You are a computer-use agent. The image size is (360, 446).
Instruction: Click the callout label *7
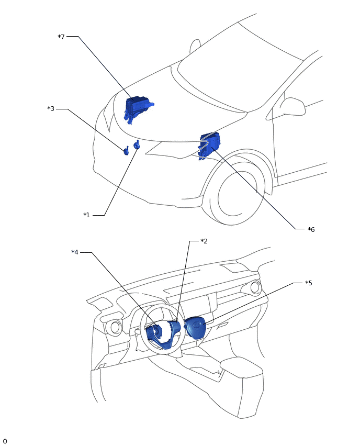pyautogui.click(x=61, y=37)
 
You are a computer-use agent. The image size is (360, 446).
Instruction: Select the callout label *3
pyautogui.click(x=51, y=109)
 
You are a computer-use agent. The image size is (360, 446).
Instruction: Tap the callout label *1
pyautogui.click(x=86, y=215)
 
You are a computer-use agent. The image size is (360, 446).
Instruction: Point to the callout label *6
pyautogui.click(x=311, y=229)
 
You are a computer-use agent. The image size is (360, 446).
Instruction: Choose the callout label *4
pyautogui.click(x=75, y=252)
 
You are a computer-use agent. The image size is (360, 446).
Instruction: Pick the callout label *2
pyautogui.click(x=204, y=241)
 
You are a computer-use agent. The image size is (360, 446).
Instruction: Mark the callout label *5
pyautogui.click(x=309, y=283)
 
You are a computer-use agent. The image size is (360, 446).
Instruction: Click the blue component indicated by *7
pyautogui.click(x=137, y=108)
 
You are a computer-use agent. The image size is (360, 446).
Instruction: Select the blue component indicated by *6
pyautogui.click(x=209, y=144)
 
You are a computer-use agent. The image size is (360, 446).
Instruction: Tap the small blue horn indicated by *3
pyautogui.click(x=126, y=151)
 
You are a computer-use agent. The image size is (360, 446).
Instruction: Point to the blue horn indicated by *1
pyautogui.click(x=137, y=146)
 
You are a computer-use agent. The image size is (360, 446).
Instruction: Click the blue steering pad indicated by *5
pyautogui.click(x=196, y=328)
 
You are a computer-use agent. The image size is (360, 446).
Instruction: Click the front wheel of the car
pyautogui.click(x=237, y=194)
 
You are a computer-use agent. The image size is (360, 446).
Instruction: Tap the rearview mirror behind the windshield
pyautogui.click(x=195, y=46)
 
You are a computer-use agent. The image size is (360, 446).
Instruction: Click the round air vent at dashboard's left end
pyautogui.click(x=115, y=328)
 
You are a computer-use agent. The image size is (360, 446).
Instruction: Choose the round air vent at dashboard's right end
pyautogui.click(x=255, y=287)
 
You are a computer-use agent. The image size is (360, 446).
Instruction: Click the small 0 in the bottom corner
pyautogui.click(x=5, y=441)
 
